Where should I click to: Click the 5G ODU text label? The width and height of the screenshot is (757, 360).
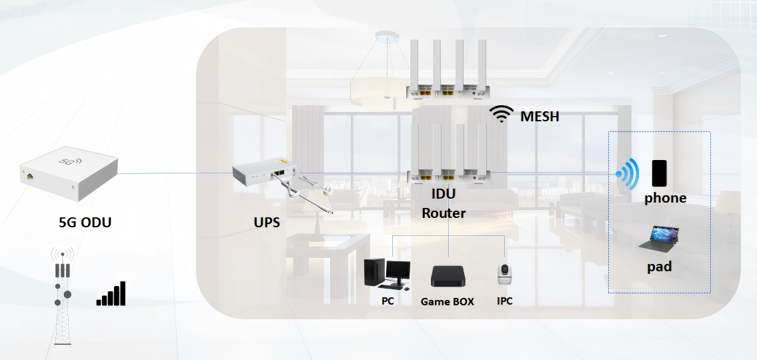(85, 223)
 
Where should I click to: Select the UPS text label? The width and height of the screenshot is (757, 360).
(267, 223)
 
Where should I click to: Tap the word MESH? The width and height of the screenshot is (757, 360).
(540, 117)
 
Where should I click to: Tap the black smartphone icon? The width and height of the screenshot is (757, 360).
(660, 173)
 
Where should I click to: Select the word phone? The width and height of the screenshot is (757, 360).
(665, 198)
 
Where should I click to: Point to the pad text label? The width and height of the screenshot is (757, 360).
(659, 267)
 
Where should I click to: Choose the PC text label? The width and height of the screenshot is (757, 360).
(388, 301)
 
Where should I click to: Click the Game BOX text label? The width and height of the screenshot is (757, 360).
(447, 301)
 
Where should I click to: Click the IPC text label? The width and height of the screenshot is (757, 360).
(504, 301)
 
